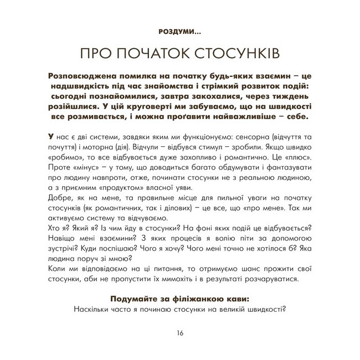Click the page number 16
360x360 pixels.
(x=180, y=333)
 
